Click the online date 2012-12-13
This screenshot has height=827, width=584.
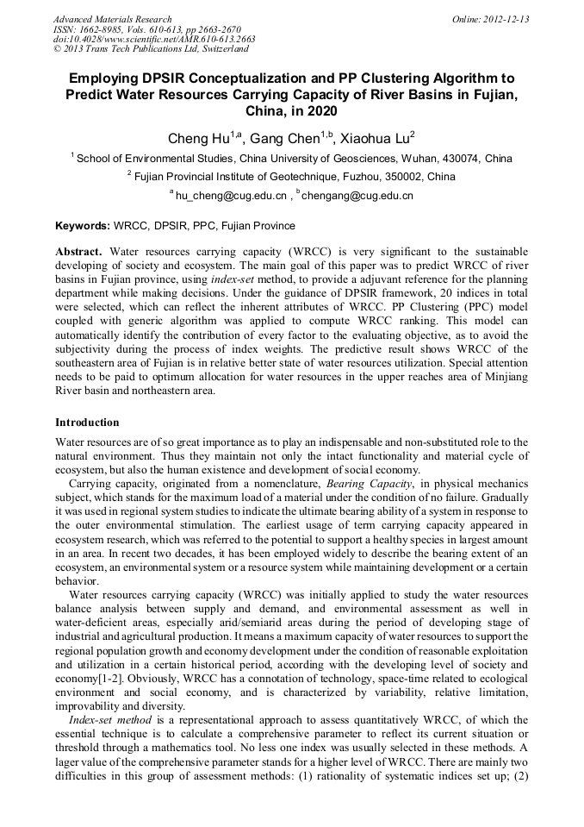pos(507,19)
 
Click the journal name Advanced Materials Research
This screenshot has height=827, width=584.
pos(113,19)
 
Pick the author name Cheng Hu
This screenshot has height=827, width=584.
pos(197,137)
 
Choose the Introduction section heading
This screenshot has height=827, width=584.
pos(87,423)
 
